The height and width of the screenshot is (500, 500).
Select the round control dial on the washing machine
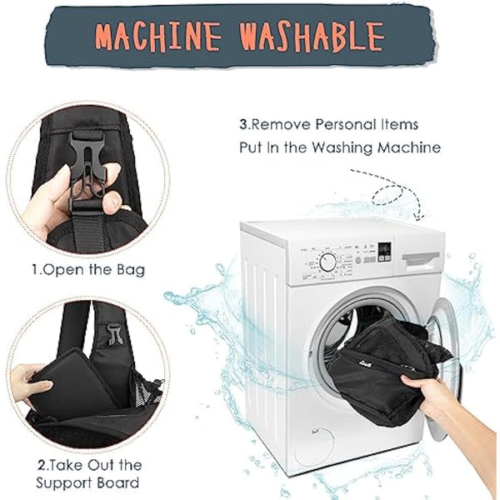[328, 262]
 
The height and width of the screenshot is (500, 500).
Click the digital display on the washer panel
[385, 250]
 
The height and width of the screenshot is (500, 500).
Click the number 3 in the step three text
[243, 124]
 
